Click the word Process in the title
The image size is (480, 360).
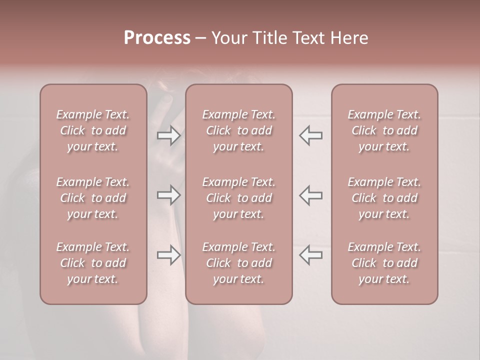[x=157, y=38]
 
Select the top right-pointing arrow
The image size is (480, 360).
[x=169, y=135]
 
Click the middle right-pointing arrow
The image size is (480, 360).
[x=169, y=195]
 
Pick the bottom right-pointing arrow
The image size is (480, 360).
[x=169, y=255]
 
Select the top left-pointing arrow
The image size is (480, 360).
[x=311, y=135]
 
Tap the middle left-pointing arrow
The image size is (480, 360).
[x=311, y=195]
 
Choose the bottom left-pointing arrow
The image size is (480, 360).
[x=311, y=255]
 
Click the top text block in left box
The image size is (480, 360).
[x=93, y=130]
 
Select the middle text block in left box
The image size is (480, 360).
[x=93, y=198]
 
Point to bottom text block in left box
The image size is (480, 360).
[x=93, y=263]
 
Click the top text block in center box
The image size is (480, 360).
[x=239, y=130]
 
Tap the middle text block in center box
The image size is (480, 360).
[x=239, y=198]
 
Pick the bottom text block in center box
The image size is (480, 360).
[x=239, y=263]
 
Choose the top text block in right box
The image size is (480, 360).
[x=384, y=130]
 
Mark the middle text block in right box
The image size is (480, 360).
[x=384, y=198]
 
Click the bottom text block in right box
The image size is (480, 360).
[x=384, y=263]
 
